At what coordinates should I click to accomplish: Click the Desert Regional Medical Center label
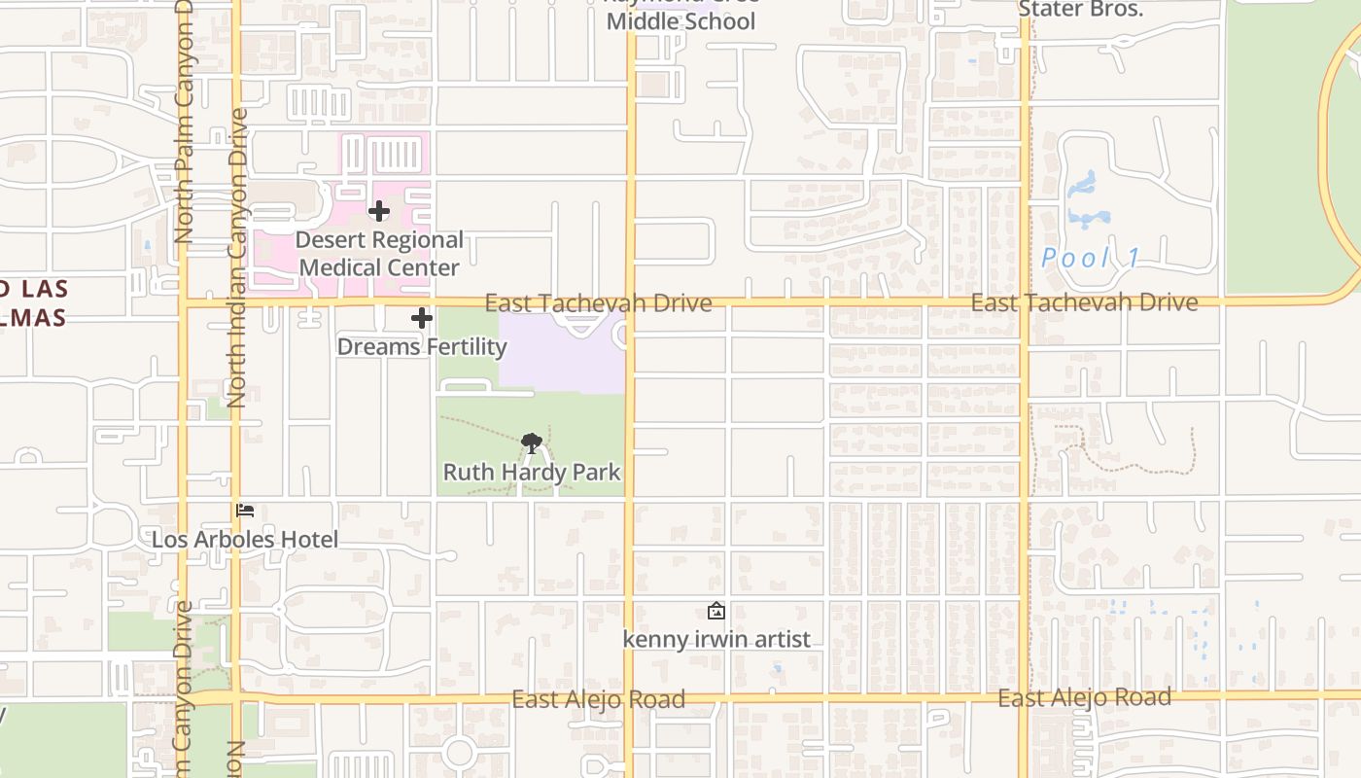[379, 254]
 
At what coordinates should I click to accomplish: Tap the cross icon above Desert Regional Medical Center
[379, 211]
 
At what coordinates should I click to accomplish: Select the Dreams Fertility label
[422, 347]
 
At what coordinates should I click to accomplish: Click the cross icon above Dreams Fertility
[422, 318]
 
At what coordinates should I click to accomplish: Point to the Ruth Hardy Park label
[532, 473]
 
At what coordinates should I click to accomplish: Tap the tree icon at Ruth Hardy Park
[531, 443]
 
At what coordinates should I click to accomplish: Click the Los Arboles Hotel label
[245, 540]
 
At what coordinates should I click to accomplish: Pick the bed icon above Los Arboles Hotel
[245, 511]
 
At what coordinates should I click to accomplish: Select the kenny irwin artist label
[716, 640]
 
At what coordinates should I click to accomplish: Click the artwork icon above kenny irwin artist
[716, 611]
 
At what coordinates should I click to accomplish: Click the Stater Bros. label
[1080, 10]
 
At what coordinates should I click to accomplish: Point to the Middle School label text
[680, 20]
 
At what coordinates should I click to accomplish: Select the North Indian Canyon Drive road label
[236, 258]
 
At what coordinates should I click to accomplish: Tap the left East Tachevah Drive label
[598, 303]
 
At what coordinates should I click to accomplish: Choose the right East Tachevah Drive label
[1084, 303]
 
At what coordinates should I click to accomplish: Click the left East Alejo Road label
[598, 699]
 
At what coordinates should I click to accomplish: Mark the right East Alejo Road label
[1084, 698]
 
